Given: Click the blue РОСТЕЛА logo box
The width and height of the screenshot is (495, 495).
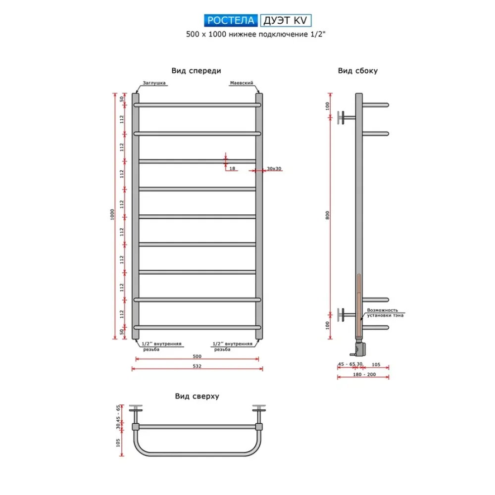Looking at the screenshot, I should [230, 20].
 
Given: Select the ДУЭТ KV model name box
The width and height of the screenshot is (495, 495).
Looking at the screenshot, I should [286, 20].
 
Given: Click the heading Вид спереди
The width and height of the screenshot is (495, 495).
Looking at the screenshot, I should [197, 71].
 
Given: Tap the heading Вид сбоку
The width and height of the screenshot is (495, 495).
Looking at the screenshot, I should [358, 71].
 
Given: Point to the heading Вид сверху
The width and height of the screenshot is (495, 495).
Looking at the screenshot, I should [197, 396].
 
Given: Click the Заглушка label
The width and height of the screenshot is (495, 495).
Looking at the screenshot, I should [153, 83].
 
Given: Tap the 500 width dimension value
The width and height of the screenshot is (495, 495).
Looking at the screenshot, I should [197, 356].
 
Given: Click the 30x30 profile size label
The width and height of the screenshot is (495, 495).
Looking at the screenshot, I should [274, 169].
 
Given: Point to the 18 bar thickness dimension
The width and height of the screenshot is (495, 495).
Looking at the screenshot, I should [232, 169].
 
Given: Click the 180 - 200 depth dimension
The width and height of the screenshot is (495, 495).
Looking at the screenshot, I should [363, 375].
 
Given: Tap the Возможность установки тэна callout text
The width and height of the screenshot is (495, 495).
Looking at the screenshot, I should [385, 313].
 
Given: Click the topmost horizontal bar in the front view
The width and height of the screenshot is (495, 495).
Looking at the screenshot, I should [197, 105].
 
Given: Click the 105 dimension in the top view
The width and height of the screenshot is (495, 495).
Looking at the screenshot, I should [118, 443].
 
